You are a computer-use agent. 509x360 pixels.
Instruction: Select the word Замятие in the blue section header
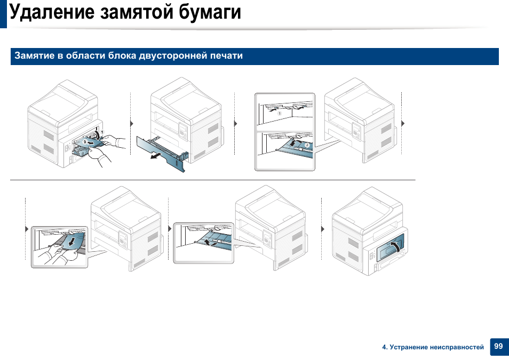coord(34,56)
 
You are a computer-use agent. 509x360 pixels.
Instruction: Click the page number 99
coord(498,347)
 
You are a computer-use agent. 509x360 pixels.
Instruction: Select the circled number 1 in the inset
coord(279,114)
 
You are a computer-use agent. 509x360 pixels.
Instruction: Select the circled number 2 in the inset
coord(307,145)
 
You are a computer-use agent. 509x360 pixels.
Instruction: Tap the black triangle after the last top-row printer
coord(403,123)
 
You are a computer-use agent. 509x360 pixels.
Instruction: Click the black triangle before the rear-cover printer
coord(323,229)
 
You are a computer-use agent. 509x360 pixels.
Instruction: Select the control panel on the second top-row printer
coord(183,131)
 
